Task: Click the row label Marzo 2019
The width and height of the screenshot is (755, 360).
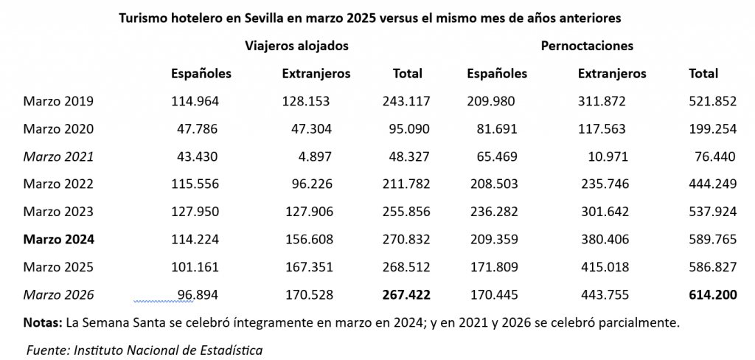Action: tap(58, 101)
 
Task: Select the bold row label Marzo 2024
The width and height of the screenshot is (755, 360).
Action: tap(58, 239)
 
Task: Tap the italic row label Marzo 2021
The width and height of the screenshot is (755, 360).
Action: tap(58, 156)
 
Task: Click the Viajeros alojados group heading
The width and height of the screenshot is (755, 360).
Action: tap(296, 46)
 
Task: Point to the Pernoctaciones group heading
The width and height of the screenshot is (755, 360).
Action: tap(587, 46)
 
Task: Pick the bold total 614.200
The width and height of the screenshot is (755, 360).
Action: tap(712, 295)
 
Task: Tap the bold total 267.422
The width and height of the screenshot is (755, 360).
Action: tap(406, 295)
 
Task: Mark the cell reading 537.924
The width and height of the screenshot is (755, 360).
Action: tap(712, 212)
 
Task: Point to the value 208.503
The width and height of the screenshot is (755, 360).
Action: tap(493, 184)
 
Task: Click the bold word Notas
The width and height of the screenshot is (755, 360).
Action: tap(42, 322)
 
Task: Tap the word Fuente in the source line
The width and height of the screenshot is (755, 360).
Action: tap(46, 350)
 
